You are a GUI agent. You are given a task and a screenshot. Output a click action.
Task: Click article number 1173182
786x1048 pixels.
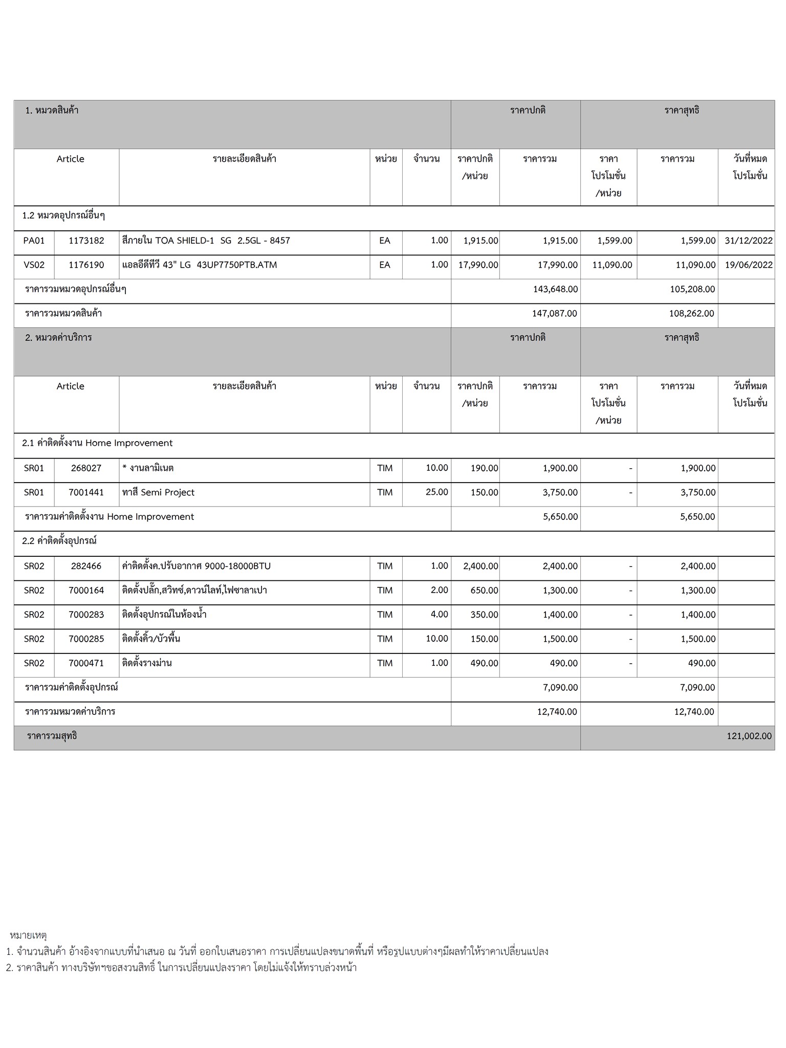point(86,241)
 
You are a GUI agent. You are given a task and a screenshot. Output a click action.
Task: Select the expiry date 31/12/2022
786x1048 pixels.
point(748,241)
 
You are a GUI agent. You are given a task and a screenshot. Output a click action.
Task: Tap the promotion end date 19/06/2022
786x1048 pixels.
point(748,265)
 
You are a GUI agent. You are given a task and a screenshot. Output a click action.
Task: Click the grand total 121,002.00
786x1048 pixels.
point(749,736)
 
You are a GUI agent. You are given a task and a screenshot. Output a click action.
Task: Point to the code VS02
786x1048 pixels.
point(34,265)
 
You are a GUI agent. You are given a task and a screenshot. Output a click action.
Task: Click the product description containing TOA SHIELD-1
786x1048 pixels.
point(206,241)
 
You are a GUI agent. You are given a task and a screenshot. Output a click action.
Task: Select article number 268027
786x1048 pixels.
point(86,468)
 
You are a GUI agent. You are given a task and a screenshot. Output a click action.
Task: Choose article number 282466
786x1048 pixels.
point(86,566)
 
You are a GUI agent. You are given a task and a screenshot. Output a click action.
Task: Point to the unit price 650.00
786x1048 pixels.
point(484,591)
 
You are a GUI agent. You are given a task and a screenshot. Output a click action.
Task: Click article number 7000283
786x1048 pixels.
point(86,615)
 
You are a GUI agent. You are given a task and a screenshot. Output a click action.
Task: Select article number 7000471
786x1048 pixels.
point(86,664)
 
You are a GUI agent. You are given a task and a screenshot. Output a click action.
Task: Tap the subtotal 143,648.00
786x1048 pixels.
point(555,290)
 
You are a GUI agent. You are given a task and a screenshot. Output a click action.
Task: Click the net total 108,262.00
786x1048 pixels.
point(691,314)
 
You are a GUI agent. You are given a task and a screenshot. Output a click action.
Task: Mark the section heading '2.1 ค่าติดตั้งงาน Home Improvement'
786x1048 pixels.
point(97,443)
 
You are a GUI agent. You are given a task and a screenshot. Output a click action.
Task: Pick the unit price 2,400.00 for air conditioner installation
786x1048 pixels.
point(481,566)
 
